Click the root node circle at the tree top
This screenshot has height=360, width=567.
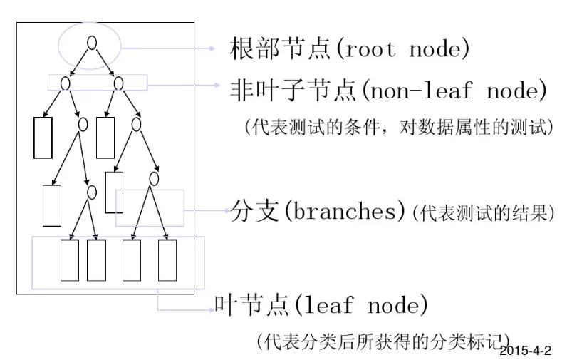click(x=92, y=43)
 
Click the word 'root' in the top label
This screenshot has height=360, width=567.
click(x=370, y=49)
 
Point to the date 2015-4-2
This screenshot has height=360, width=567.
click(x=526, y=350)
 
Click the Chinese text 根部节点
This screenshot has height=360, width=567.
click(x=280, y=48)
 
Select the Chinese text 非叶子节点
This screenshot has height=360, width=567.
click(x=293, y=90)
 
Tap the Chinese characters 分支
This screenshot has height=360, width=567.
click(x=255, y=210)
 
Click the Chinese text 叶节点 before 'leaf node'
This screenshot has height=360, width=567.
click(x=252, y=304)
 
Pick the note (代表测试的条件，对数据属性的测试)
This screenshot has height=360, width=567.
click(x=399, y=127)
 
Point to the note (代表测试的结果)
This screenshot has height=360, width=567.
click(x=484, y=212)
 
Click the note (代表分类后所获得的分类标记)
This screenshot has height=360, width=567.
click(x=384, y=342)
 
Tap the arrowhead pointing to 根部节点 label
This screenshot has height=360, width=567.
click(x=212, y=48)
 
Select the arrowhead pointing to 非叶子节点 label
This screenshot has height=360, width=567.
click(x=217, y=85)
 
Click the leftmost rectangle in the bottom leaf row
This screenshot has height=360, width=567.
click(x=70, y=260)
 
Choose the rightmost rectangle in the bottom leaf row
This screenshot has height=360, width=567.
click(x=167, y=260)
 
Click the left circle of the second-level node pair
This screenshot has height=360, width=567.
click(x=65, y=83)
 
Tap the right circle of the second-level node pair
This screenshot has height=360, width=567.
click(x=118, y=83)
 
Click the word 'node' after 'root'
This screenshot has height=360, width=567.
click(x=435, y=49)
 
